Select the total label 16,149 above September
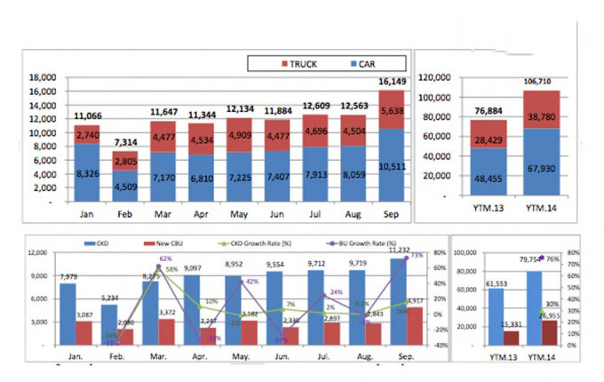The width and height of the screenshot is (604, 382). point(393,80)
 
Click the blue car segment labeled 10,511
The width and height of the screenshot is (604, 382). point(393,164)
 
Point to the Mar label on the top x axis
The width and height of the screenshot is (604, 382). point(163,215)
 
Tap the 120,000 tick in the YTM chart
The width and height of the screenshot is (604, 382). point(441,77)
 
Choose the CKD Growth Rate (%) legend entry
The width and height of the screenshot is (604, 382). point(246,241)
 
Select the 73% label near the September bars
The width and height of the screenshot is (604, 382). point(416,256)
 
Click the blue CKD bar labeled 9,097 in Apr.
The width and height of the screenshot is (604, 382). point(193,310)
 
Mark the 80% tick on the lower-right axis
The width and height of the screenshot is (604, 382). point(576,252)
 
